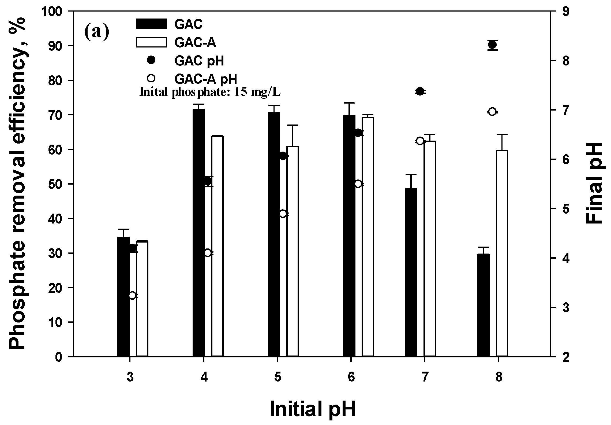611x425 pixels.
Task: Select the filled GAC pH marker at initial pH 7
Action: [420, 91]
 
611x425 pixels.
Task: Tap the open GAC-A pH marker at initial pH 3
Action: [132, 295]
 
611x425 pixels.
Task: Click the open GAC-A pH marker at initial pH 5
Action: [283, 214]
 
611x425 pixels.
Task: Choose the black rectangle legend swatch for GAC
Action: [151, 24]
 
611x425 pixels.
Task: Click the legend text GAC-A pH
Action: [206, 79]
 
